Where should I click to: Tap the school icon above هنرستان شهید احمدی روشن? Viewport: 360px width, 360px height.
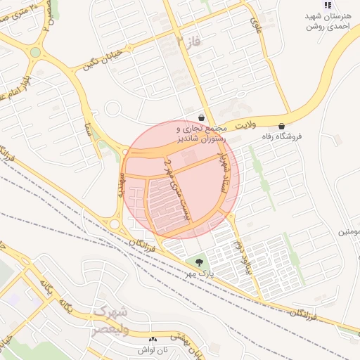coord(327,6)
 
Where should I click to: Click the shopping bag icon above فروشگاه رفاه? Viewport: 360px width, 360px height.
coord(282,126)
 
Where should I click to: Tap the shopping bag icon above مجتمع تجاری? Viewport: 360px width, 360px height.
coord(202,118)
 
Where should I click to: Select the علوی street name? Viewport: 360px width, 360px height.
coord(256,25)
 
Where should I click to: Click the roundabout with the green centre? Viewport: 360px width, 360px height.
coord(35,52)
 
